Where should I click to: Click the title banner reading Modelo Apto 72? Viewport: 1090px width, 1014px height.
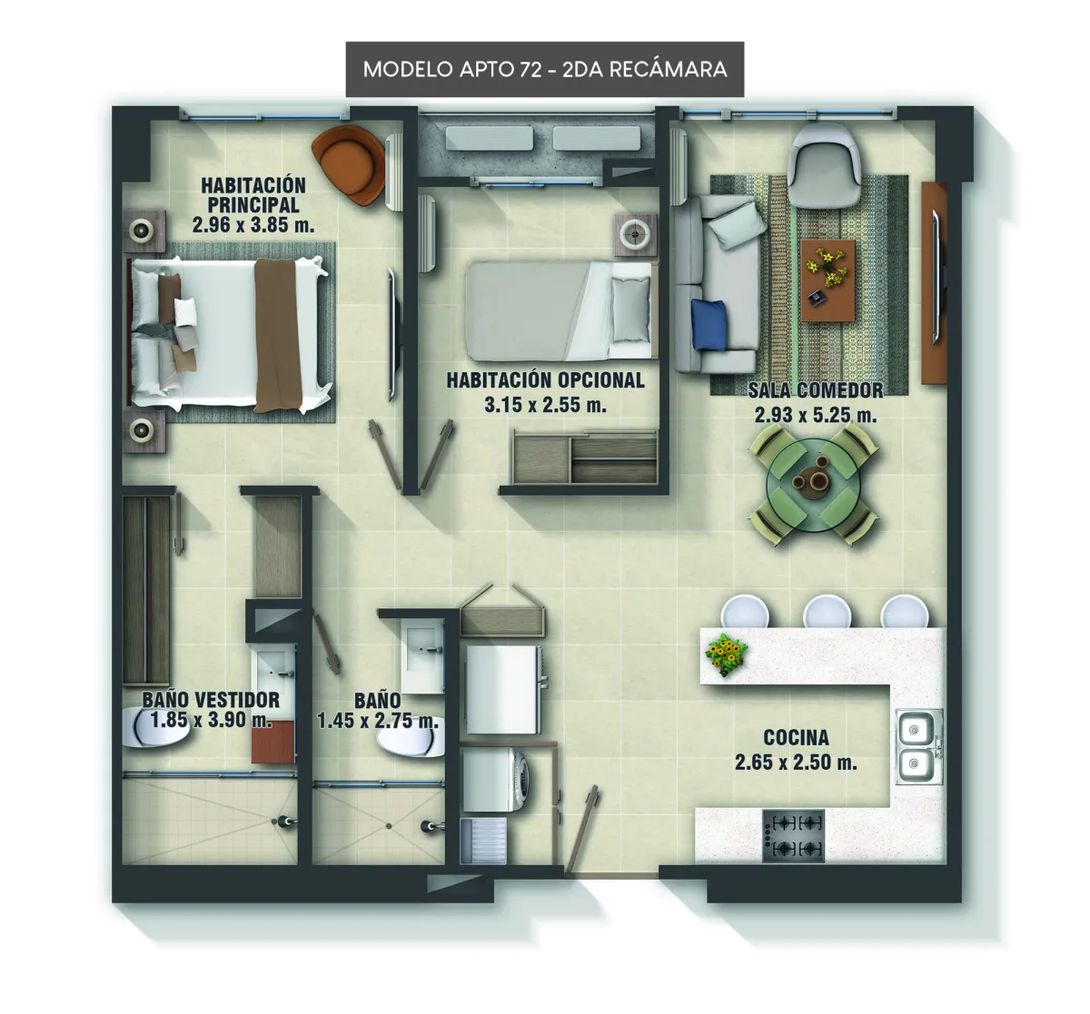(x=544, y=69)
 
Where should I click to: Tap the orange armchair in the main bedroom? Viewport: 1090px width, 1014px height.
(x=349, y=164)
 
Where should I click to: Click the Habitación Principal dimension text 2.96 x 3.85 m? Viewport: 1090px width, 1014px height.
(x=253, y=225)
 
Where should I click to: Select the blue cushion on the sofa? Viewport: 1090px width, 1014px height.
(x=708, y=324)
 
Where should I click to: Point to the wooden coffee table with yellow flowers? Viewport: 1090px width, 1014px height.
(x=827, y=280)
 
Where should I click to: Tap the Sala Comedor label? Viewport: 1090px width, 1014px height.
(x=816, y=390)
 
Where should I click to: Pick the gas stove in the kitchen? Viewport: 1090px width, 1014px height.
(x=793, y=836)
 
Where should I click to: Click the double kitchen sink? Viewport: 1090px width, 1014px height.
(x=919, y=746)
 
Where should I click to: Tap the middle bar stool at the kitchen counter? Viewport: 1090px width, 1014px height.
(x=827, y=612)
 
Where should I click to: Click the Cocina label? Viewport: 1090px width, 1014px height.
(x=796, y=738)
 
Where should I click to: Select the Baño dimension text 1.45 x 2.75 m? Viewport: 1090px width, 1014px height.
(x=378, y=721)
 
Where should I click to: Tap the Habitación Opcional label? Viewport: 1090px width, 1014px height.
(x=545, y=380)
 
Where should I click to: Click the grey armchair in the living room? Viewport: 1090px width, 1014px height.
(x=823, y=159)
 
